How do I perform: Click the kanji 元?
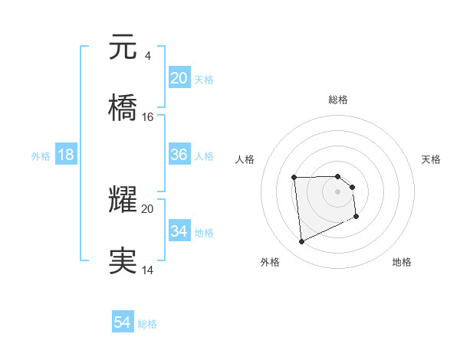(123, 48)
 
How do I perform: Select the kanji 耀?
(123, 201)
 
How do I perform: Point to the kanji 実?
(123, 261)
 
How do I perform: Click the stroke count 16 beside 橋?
(148, 117)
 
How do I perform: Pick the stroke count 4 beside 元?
(146, 56)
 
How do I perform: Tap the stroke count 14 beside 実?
(148, 270)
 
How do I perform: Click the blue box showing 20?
(179, 78)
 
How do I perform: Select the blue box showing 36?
(179, 155)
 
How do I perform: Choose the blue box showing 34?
(179, 231)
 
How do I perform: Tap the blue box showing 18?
(66, 155)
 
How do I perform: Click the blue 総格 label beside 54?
(147, 324)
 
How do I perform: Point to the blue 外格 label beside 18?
(41, 155)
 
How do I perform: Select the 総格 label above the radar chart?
(338, 100)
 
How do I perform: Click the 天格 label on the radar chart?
(432, 159)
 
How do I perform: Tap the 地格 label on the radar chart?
(402, 262)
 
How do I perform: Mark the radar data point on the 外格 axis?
(301, 242)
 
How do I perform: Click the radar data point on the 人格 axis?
(294, 178)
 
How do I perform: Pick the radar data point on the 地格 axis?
(356, 218)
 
